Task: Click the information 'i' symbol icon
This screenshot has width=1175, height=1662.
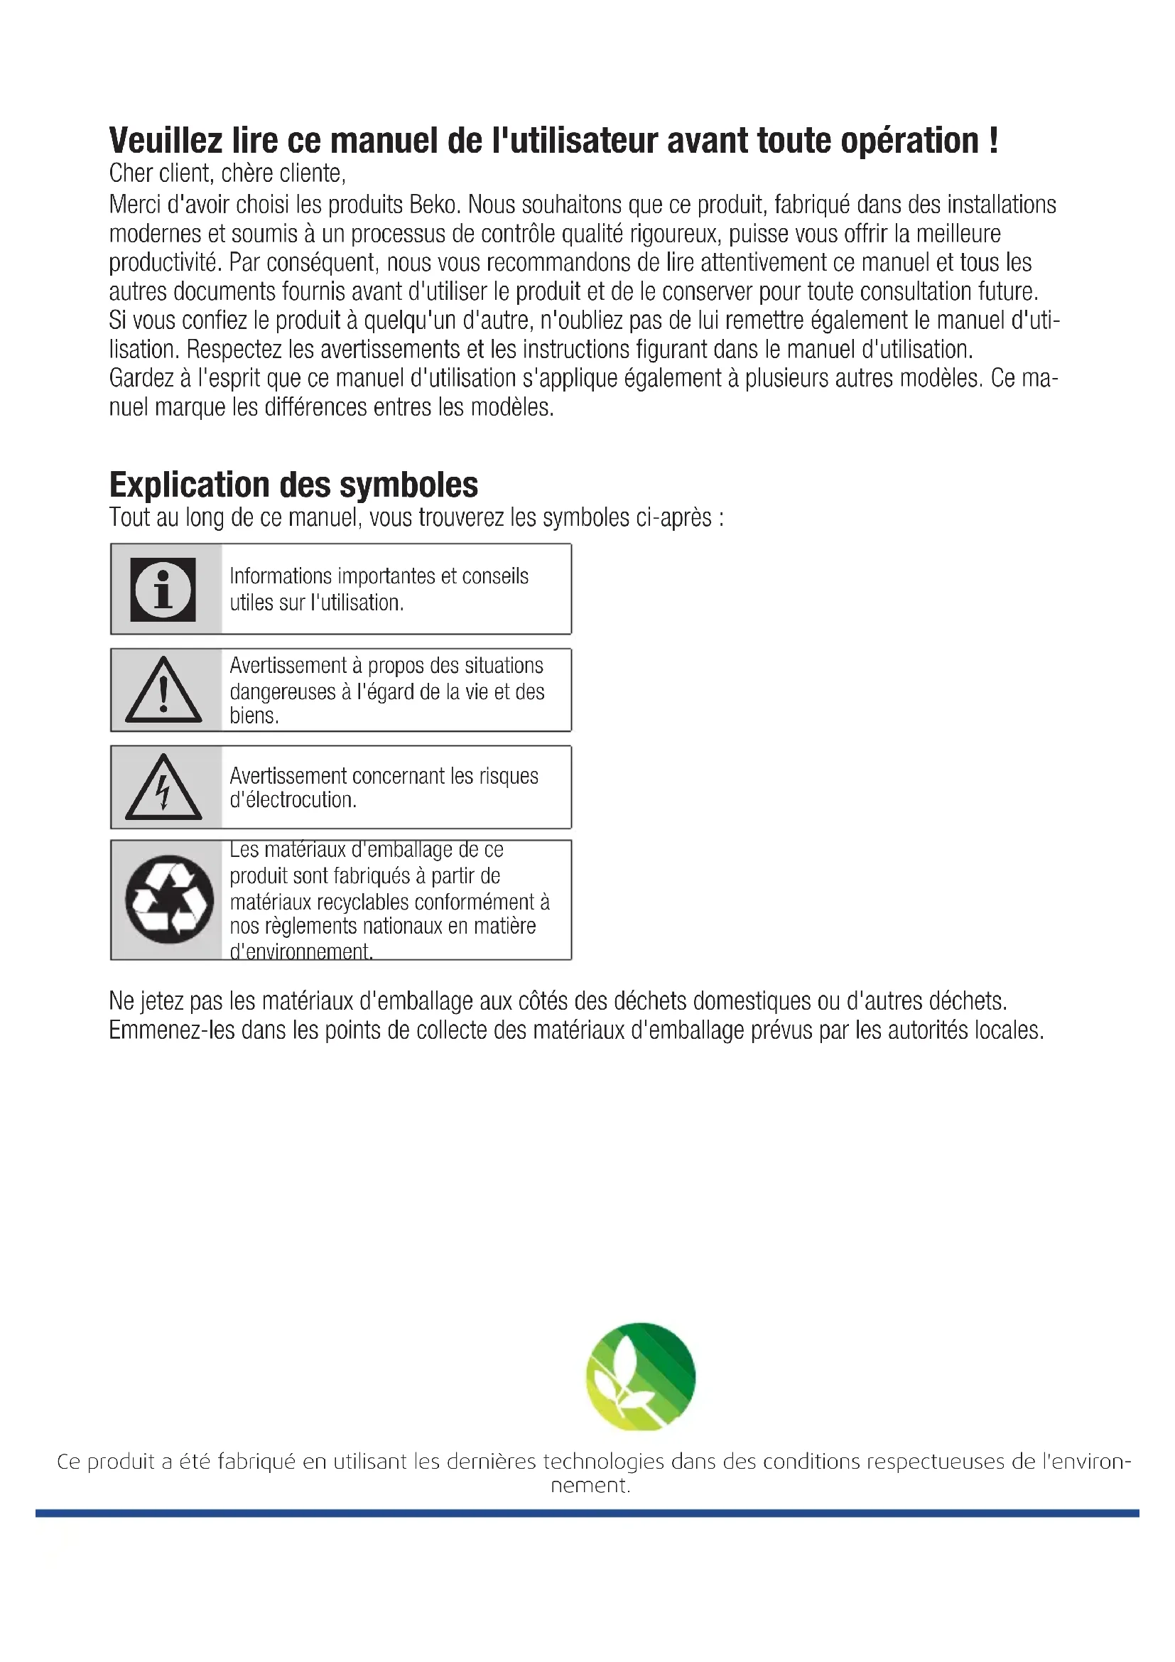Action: tap(163, 589)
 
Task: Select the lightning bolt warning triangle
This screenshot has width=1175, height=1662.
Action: tap(163, 787)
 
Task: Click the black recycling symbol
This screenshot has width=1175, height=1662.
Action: tap(169, 899)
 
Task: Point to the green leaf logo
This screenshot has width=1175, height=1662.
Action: tap(640, 1377)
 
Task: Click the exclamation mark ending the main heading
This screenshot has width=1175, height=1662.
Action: tap(992, 141)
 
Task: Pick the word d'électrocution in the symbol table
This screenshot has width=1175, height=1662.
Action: tap(293, 800)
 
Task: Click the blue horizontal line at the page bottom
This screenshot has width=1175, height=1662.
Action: tap(587, 1513)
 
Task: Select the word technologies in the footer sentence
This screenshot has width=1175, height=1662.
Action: tap(603, 1462)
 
